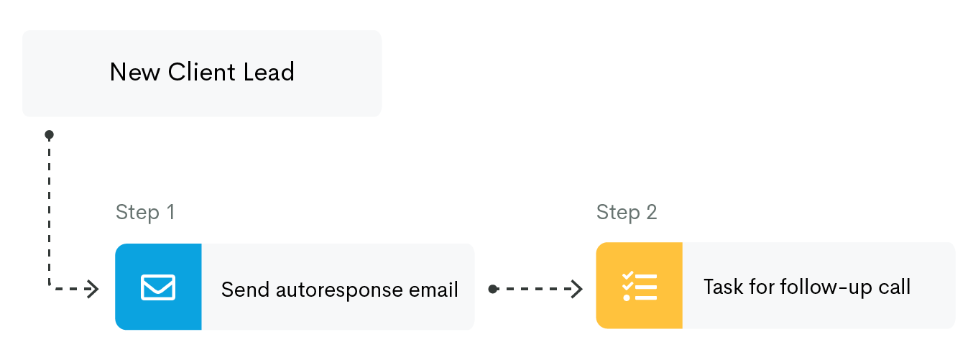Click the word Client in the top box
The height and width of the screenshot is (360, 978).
202,72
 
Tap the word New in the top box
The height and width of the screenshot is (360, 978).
135,72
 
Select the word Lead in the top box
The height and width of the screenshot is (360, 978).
269,72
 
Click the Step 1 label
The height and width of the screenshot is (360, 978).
145,213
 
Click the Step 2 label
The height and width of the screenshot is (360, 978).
627,213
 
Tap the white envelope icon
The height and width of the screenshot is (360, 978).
158,287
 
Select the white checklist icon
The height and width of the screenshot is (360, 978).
640,286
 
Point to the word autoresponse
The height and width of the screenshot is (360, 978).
339,290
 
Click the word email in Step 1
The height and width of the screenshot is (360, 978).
433,290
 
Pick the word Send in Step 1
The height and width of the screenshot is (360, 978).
245,290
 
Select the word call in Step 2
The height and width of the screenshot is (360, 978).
895,287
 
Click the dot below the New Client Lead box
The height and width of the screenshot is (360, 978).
50,135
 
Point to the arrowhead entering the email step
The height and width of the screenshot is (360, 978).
93,289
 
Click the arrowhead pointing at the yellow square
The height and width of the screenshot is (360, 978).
577,289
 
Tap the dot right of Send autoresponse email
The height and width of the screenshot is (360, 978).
493,289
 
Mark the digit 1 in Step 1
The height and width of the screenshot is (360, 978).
171,212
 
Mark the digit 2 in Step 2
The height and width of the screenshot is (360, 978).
652,212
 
